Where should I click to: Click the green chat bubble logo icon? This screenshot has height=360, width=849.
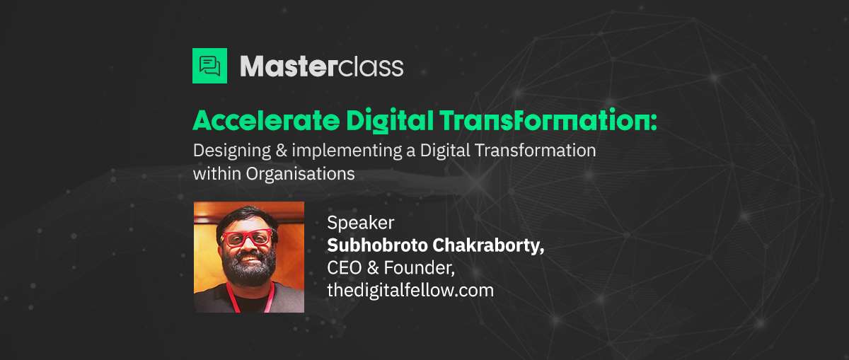click(x=209, y=66)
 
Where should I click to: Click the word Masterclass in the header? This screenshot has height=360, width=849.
click(x=322, y=67)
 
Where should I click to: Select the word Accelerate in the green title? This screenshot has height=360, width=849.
click(x=266, y=120)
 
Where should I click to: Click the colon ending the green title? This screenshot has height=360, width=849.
click(x=653, y=122)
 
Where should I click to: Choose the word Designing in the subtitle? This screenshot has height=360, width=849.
click(x=232, y=151)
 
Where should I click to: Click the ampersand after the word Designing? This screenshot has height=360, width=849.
click(x=282, y=151)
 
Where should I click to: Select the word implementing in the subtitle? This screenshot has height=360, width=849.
click(x=347, y=151)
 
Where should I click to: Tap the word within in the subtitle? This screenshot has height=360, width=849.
click(x=217, y=174)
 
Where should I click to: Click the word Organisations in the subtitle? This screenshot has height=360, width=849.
click(x=301, y=175)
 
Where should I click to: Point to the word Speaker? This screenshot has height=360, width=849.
click(x=360, y=223)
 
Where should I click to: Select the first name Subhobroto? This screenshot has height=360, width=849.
click(x=378, y=245)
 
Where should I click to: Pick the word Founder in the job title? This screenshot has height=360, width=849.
click(x=419, y=269)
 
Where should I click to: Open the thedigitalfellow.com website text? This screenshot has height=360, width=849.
click(x=410, y=290)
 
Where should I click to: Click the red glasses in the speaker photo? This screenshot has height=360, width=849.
click(x=247, y=238)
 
